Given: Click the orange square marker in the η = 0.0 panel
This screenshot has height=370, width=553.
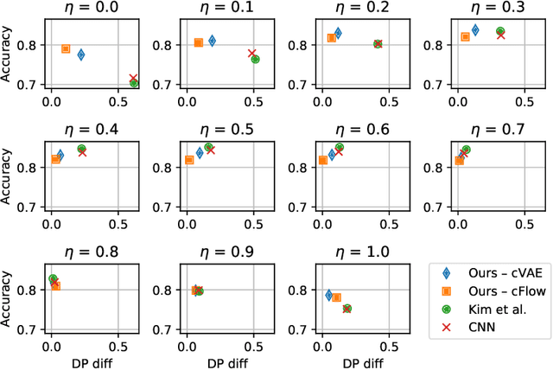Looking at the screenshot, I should [66, 49].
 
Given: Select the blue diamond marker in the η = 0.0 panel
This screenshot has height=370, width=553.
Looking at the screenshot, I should [81, 54].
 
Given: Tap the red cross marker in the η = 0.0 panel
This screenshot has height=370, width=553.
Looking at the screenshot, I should [133, 79].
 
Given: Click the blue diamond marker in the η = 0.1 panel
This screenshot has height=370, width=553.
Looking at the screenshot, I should [213, 41].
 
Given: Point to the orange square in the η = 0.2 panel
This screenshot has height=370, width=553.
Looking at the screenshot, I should [331, 39].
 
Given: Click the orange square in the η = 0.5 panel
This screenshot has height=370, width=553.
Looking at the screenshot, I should [189, 160].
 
